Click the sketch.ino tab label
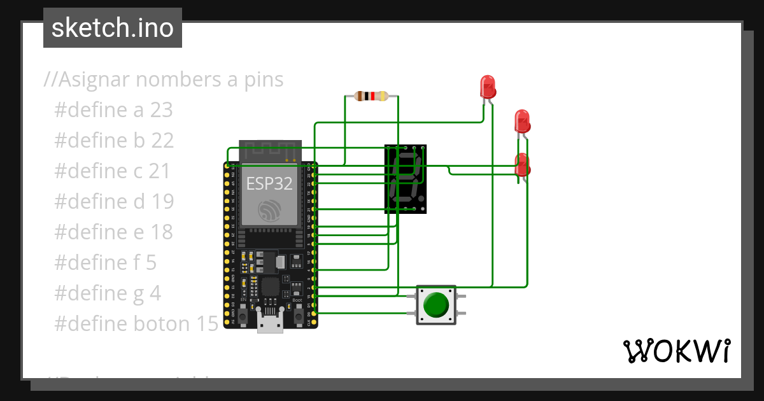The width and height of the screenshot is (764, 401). coord(113,28)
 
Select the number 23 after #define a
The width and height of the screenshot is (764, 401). coord(162,110)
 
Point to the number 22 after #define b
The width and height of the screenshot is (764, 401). coord(162,141)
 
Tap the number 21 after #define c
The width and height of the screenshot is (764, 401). coord(160,171)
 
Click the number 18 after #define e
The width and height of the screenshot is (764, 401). coord(162,232)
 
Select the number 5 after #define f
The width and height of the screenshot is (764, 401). coord(151,263)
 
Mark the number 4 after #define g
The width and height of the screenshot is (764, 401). coord(155,293)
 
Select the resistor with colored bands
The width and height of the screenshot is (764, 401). coord(371,97)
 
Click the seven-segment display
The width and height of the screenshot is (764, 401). coord(405,178)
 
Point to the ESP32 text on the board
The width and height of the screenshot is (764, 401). coord(269,184)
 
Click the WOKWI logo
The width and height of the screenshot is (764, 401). coord(676,351)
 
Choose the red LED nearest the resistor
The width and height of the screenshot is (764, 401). coord(487,87)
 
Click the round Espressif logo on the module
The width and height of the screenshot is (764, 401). coord(269,211)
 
